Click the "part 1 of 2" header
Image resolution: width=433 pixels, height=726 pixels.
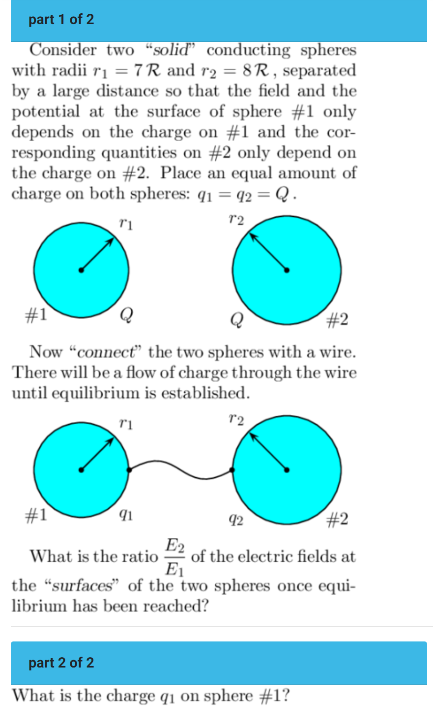[61, 20]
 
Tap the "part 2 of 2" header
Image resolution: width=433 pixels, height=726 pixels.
[61, 663]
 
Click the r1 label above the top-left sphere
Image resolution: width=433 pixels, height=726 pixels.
[126, 225]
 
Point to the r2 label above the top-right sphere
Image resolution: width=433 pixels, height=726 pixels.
[236, 220]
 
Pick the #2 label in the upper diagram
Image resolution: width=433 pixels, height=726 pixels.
[337, 320]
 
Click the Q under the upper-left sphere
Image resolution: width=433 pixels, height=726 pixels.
[126, 314]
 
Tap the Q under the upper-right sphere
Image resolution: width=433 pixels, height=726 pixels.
[236, 320]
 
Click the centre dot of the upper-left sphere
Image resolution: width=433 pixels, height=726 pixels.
[81, 270]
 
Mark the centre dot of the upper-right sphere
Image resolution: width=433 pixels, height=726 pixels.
[287, 269]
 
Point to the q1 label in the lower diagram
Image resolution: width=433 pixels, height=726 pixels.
[126, 514]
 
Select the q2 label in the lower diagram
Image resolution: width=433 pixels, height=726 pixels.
[236, 520]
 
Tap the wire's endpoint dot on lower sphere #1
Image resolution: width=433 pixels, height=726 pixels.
[129, 470]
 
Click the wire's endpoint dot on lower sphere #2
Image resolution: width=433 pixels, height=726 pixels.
[232, 470]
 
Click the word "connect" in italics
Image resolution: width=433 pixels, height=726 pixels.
[106, 352]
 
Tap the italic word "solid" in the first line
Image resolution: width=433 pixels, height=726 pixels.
[171, 50]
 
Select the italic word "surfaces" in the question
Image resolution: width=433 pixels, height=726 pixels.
[83, 586]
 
